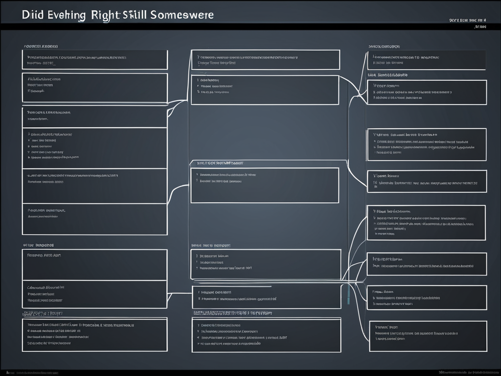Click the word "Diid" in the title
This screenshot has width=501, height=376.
33,15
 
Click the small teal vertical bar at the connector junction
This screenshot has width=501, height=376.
349,294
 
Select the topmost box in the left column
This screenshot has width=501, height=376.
95,60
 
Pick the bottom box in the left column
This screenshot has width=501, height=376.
95,334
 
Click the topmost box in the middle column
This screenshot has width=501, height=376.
265,60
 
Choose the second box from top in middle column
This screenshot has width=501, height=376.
265,90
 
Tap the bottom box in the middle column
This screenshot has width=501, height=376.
266,335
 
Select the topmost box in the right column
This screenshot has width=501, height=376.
426,60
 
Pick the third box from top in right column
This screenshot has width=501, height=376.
426,144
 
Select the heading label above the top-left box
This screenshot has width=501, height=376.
41,47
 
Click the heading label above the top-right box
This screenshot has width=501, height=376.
384,47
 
